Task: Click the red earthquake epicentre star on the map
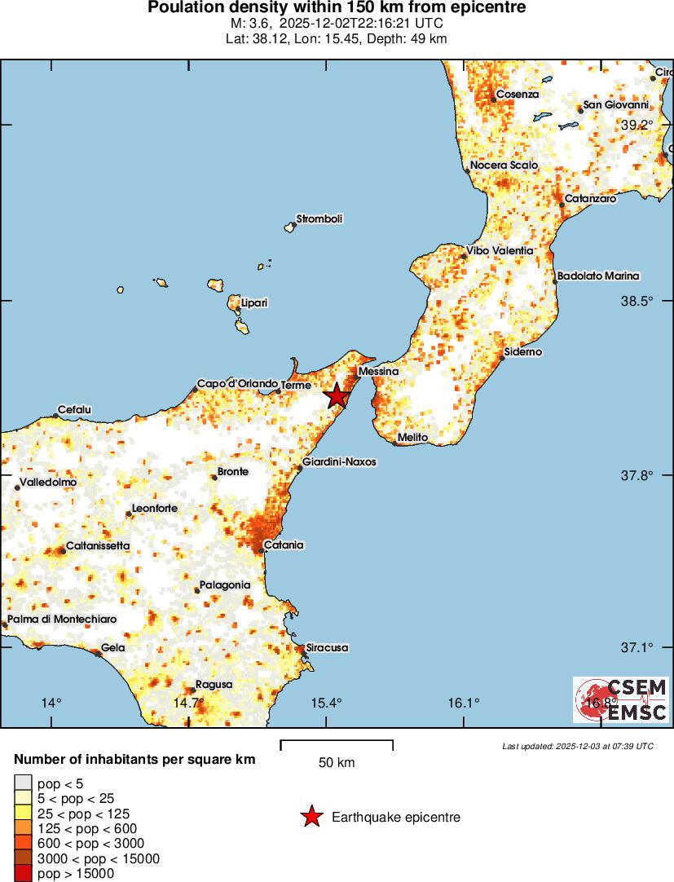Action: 337,396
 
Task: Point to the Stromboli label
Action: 319,218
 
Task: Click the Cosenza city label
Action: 518,95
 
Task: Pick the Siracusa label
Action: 327,648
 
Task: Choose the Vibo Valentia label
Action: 500,250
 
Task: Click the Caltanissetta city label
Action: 98,545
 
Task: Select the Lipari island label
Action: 254,303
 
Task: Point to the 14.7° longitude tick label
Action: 188,703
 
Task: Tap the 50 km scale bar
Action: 337,745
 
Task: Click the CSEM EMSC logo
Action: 621,699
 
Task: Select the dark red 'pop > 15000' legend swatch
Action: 24,874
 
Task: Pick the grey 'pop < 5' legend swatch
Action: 24,784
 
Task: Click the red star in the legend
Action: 311,817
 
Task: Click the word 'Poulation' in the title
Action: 183,8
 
